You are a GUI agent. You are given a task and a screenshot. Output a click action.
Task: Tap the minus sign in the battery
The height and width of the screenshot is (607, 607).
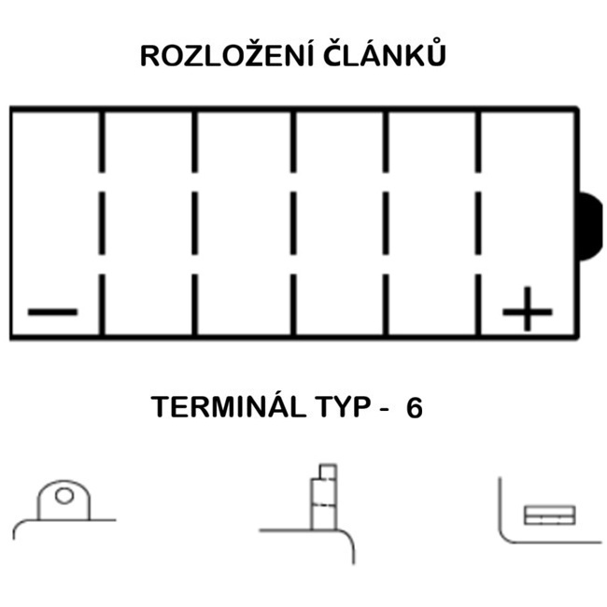[53, 310]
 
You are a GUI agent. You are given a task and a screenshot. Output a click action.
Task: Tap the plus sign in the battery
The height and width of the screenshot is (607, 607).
[528, 309]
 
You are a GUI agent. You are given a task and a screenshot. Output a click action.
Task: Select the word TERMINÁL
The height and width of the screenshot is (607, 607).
[217, 408]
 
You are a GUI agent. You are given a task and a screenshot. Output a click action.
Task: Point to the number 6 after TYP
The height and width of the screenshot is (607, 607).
[414, 408]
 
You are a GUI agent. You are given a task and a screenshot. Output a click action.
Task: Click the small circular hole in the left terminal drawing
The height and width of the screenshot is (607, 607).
[64, 496]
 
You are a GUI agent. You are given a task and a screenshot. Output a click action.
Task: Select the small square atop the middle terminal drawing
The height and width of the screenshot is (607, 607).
[327, 470]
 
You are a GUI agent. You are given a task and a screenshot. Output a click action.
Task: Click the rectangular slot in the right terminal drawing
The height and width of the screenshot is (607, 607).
[549, 515]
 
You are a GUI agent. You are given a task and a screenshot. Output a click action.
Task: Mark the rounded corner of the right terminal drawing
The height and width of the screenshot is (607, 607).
[505, 536]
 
